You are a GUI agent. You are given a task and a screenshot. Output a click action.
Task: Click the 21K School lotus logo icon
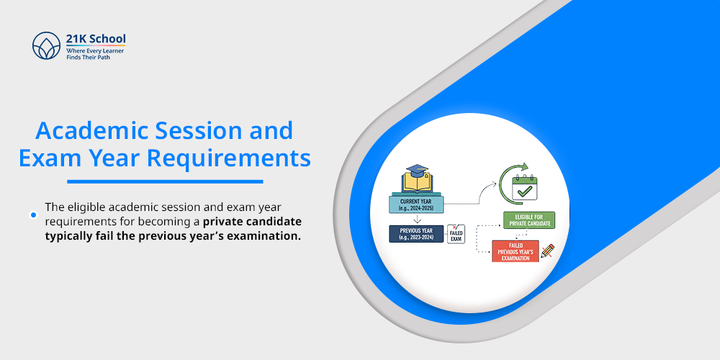tap(46, 45)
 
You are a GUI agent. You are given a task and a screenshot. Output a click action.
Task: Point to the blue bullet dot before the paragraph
tap(33, 215)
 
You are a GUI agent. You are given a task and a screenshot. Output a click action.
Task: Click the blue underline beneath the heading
tap(165, 181)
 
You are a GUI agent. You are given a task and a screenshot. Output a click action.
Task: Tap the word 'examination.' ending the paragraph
tap(266, 235)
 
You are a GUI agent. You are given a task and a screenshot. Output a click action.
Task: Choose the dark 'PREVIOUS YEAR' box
tap(416, 233)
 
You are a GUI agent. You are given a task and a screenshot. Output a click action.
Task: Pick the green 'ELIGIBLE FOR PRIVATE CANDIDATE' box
tap(529, 221)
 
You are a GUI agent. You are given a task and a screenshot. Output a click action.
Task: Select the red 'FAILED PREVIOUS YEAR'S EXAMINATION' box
tap(516, 251)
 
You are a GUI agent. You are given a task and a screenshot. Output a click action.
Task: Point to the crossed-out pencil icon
tap(548, 251)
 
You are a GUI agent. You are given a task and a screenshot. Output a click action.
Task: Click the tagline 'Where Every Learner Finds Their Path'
tap(96, 53)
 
